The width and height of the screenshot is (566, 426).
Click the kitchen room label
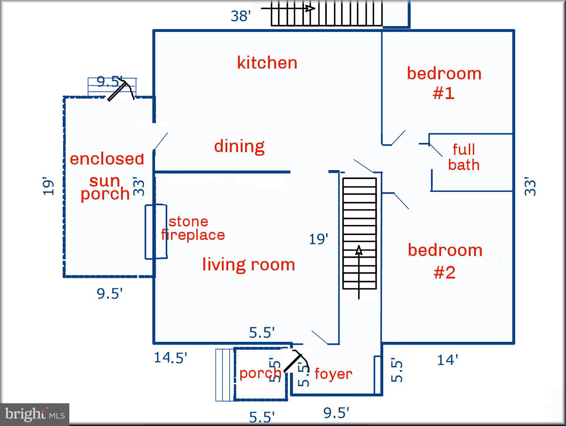pos(267,63)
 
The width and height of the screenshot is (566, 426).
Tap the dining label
pos(239,146)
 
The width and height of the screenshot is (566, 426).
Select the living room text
pos(249,264)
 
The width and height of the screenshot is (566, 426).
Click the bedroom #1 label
pos(444,83)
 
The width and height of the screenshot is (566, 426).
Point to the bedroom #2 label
pos(445,261)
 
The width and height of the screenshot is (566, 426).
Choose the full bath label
pos(464,157)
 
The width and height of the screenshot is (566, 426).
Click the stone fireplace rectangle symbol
pos(156,232)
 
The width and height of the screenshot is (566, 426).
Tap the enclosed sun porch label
pos(107,176)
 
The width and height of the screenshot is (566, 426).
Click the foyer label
pos(333,374)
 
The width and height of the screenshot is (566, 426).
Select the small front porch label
pos(260,373)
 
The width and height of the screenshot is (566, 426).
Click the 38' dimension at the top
pos(240,16)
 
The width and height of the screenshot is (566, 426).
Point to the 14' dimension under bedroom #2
pos(447,360)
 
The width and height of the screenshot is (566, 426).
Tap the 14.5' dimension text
pos(171,357)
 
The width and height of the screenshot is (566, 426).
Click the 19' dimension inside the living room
pos(318,239)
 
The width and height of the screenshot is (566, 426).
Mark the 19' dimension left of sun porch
pos(48,186)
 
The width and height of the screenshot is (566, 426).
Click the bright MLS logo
pos(35,415)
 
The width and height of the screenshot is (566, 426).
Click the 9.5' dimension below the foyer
pos(336,413)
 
